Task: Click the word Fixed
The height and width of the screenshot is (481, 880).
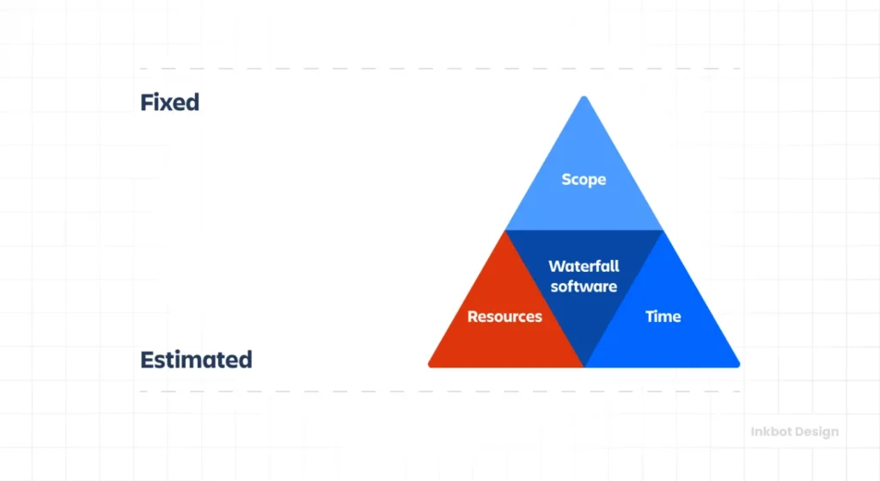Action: click(169, 102)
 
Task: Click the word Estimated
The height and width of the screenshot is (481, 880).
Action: click(196, 360)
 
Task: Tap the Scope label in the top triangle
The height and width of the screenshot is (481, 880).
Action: click(584, 180)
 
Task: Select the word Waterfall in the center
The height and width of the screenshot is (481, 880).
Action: click(584, 267)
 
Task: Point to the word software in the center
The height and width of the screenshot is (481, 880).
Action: click(584, 287)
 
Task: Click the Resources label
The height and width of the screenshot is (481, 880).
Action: click(504, 317)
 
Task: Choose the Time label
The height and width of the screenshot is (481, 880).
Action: click(663, 317)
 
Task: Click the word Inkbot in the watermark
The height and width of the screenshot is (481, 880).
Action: click(767, 432)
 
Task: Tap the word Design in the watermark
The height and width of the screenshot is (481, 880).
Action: click(816, 432)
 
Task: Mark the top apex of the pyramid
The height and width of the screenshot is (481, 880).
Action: click(584, 98)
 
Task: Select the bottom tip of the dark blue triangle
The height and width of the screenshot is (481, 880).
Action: click(584, 366)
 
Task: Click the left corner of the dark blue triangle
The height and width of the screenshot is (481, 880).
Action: click(506, 231)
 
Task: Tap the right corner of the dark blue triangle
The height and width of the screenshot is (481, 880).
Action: click(663, 231)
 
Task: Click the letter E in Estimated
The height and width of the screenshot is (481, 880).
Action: click(147, 360)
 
